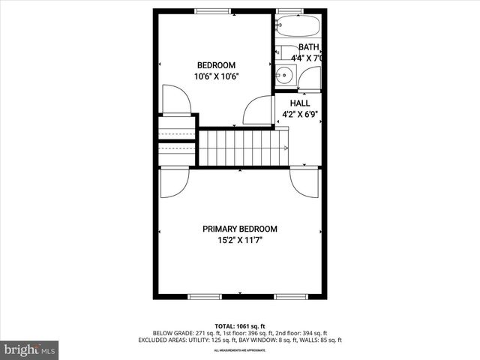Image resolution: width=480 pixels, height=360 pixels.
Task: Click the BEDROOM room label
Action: pos(216,65)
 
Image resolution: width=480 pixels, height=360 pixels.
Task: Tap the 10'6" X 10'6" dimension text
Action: pos(216,77)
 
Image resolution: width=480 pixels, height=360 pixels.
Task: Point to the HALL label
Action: pos(300,103)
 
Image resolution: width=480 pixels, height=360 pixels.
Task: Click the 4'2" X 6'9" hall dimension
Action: pos(300,115)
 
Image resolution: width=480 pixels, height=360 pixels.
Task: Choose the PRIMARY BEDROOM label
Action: pos(240,229)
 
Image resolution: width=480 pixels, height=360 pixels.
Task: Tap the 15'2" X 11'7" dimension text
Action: pos(240,241)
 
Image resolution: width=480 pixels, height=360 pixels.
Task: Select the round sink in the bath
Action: pos(284,74)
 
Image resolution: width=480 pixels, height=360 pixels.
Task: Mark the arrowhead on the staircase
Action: pos(286,148)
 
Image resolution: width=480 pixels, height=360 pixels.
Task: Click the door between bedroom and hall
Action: pos(256,110)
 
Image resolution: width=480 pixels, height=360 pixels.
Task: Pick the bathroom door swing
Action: pos(310,77)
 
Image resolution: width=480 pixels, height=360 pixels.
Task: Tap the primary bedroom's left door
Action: pos(173,182)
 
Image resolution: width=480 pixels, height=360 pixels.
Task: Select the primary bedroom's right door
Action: pos(305,182)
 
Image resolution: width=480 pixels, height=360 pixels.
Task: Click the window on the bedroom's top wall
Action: pos(214,10)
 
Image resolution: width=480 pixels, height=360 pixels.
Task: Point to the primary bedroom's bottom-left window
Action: pos(204,297)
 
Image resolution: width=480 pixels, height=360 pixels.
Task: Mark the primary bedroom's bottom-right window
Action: pos(291,297)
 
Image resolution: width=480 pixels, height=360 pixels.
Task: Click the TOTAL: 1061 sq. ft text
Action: pos(240,325)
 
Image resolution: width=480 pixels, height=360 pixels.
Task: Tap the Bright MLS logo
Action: pos(30,349)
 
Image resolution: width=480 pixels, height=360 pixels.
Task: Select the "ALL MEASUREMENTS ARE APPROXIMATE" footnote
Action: pos(240,350)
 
